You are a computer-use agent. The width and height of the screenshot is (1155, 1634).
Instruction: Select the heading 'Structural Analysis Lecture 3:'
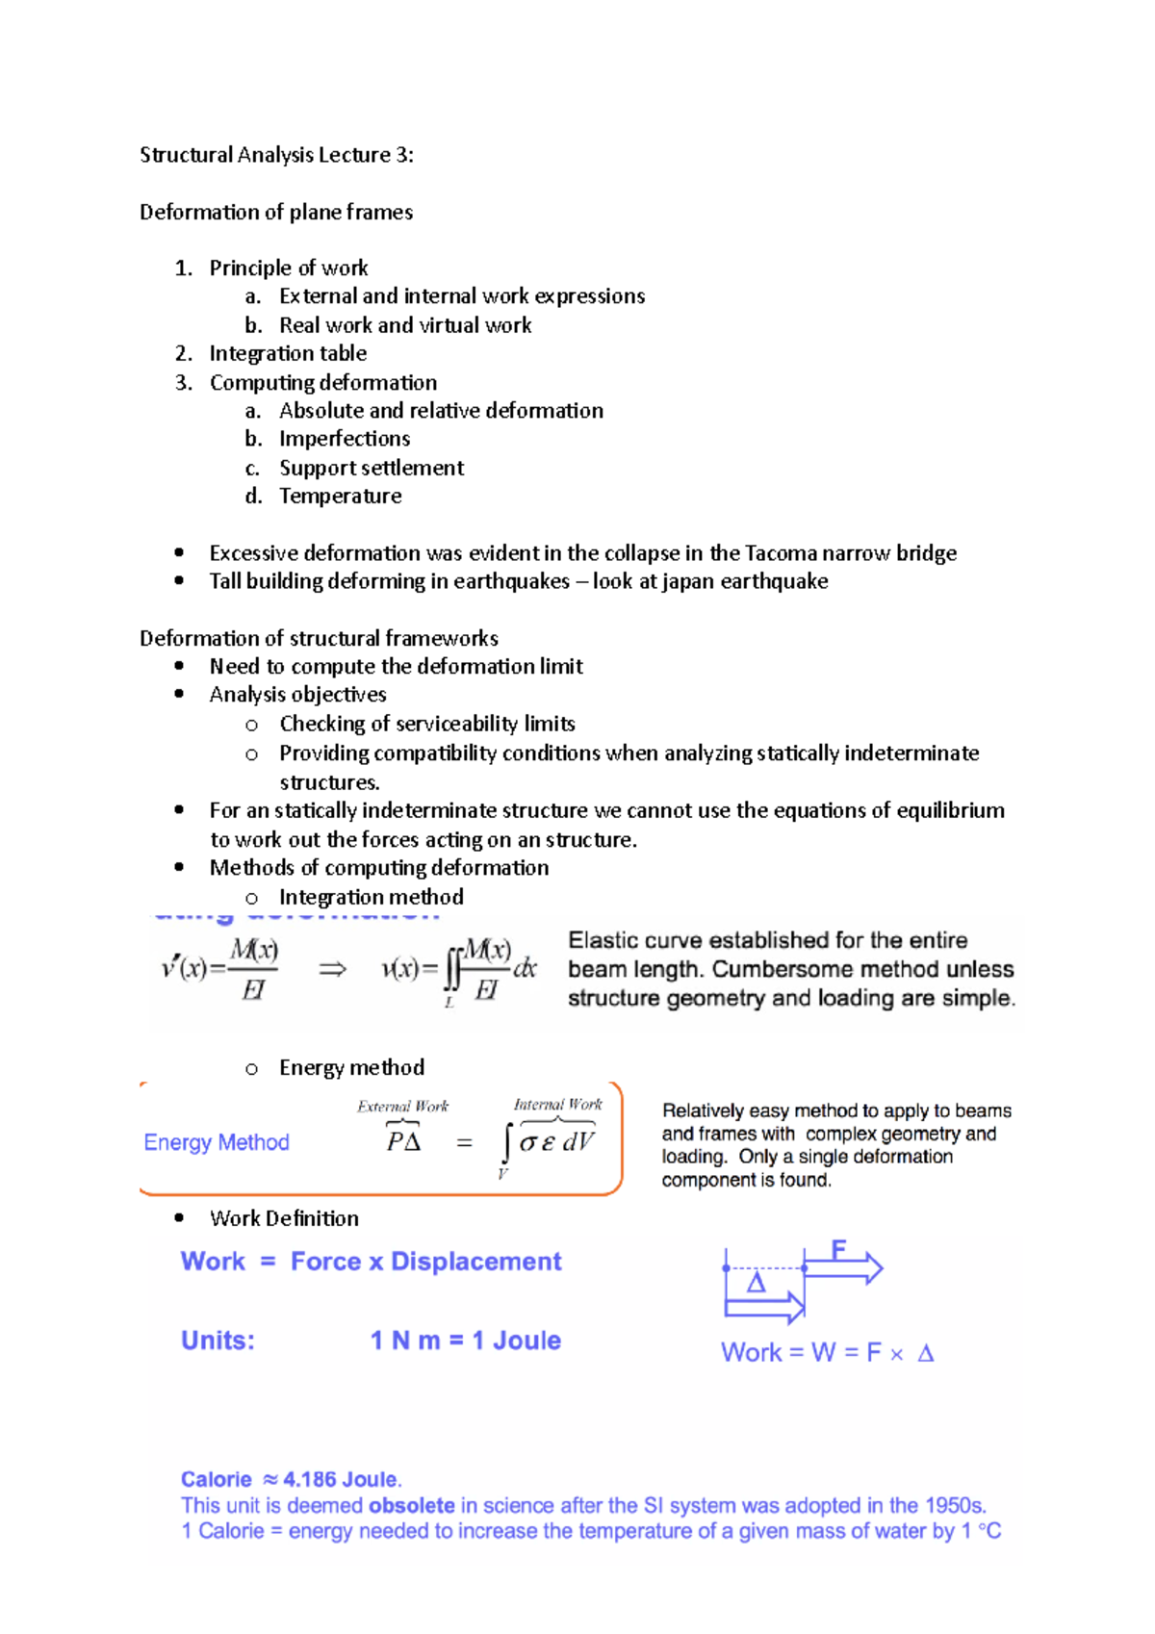click(276, 155)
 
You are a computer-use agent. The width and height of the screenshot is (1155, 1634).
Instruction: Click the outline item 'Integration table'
click(288, 353)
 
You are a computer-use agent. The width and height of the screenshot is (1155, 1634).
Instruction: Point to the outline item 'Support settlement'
click(372, 468)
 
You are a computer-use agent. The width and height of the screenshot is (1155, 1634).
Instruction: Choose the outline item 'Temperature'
click(340, 496)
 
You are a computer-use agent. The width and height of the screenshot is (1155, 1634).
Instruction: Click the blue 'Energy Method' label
click(217, 1142)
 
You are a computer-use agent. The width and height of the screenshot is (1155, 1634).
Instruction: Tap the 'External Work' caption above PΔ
click(402, 1107)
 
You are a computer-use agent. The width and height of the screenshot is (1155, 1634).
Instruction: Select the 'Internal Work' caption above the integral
click(557, 1105)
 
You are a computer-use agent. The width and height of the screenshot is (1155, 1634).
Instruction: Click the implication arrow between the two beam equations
click(332, 969)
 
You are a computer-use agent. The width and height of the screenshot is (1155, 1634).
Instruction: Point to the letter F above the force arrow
click(838, 1249)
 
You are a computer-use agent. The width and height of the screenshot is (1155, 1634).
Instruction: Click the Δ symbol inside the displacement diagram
click(757, 1283)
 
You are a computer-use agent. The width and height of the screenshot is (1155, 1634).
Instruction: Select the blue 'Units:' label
click(218, 1340)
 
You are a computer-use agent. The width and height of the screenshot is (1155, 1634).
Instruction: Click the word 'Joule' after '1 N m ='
click(526, 1340)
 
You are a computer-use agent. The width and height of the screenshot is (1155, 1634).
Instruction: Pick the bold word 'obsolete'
click(411, 1505)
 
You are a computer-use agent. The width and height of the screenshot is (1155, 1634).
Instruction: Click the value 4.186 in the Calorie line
click(310, 1480)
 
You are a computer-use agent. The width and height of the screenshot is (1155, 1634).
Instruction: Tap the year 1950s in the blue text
click(955, 1505)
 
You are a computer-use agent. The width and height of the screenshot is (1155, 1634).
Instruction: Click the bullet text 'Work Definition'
click(284, 1218)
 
